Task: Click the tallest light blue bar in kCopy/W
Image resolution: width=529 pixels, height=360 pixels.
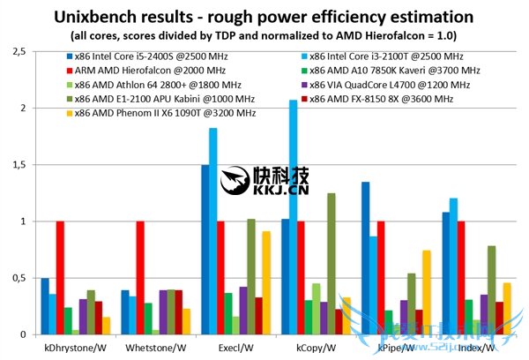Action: (293, 221)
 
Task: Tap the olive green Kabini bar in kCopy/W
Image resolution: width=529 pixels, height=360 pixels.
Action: (331, 265)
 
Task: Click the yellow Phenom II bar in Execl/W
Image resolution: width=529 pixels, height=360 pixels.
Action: (265, 282)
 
